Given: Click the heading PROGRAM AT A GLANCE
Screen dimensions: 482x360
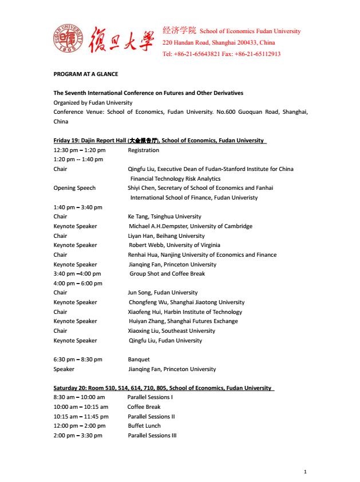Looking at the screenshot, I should click(x=86, y=74).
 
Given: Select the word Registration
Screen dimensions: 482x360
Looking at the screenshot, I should click(x=143, y=150).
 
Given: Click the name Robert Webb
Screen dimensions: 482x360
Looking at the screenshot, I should click(x=145, y=245).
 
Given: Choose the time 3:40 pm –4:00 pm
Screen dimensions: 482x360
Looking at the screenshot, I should click(x=78, y=274).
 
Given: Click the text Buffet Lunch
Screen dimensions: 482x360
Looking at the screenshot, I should click(x=144, y=426).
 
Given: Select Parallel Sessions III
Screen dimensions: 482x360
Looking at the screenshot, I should click(x=152, y=436).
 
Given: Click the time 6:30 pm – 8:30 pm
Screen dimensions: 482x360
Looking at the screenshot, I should click(x=78, y=360).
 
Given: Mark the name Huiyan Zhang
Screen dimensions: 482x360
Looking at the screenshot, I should click(x=148, y=321).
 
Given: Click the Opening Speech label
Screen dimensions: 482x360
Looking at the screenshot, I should click(x=74, y=188).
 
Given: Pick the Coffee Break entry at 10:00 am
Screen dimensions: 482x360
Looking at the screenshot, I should click(x=144, y=407).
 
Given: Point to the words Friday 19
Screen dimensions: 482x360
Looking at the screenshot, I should click(x=66, y=141).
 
